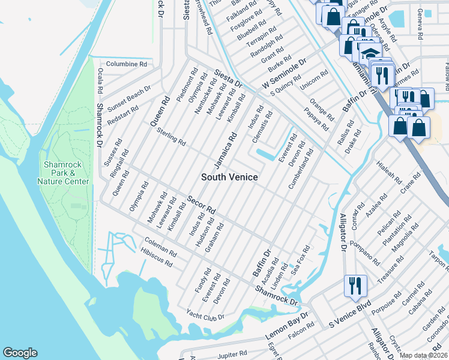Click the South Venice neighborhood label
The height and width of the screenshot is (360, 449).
[229, 177]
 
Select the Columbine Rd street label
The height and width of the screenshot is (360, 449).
[126, 64]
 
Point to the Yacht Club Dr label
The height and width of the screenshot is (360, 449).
[204, 316]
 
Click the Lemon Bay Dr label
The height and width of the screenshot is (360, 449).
[288, 328]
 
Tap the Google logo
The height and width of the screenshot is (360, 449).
[20, 353]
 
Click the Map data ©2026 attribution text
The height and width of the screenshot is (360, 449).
[423, 355]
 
